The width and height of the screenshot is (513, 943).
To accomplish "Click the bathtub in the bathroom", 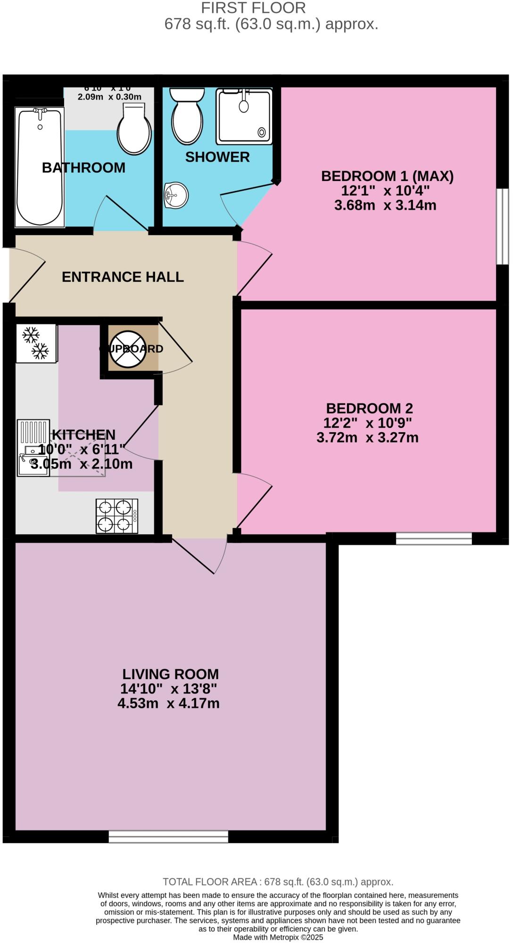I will [40, 167].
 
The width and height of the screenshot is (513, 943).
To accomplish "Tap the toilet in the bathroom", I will [134, 129].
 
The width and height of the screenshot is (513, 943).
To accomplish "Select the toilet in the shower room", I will [187, 116].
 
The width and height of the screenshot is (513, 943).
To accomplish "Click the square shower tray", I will [244, 116].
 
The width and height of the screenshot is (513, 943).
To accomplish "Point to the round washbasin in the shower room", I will [176, 195].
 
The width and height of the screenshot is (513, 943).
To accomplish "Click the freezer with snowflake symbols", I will [36, 343].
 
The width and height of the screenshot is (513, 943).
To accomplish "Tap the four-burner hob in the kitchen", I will [117, 516].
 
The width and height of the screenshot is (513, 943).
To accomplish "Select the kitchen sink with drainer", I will [33, 448].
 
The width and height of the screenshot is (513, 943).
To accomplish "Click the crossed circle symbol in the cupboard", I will [128, 349].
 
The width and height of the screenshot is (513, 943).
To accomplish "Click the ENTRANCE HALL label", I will [123, 277].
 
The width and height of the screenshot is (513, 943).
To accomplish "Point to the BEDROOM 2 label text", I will [369, 408].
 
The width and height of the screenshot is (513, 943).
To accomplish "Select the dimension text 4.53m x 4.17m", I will [168, 704].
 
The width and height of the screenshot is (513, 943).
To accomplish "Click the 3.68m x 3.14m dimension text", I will [385, 205].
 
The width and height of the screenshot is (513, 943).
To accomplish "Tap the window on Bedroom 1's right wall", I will [503, 226].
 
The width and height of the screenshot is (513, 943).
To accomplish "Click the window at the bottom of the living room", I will [168, 836].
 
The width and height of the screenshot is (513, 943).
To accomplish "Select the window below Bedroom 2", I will [433, 538].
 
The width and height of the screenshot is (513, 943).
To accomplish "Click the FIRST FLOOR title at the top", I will [253, 8].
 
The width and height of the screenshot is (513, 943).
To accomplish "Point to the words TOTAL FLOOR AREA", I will [210, 882].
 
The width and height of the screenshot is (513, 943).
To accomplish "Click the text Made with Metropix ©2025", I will [278, 937].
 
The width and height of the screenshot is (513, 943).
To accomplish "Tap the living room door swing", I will [203, 556].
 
